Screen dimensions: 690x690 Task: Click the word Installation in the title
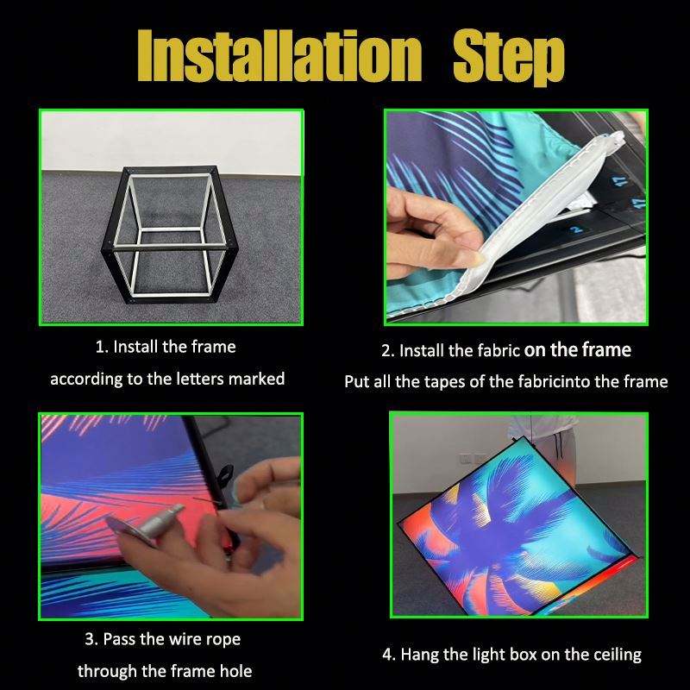(279, 56)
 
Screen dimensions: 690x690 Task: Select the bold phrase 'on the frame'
(577, 350)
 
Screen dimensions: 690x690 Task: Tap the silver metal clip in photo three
(149, 524)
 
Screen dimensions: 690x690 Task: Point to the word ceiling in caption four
(618, 655)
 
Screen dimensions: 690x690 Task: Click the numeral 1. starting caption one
(102, 348)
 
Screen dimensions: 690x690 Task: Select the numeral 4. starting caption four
(389, 655)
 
